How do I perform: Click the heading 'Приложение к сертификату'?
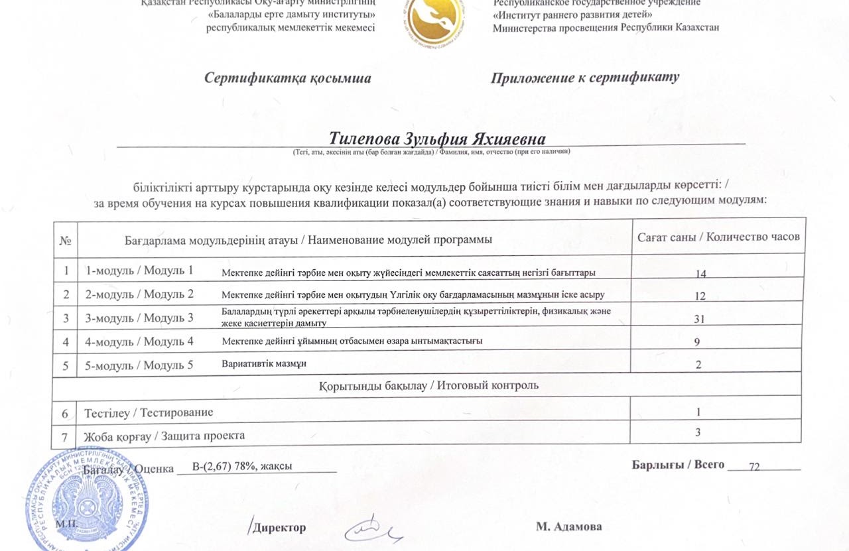pos(585,78)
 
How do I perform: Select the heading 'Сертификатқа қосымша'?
pos(288,78)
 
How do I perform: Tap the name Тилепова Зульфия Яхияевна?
pos(437,139)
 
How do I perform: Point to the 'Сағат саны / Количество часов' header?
pos(718,237)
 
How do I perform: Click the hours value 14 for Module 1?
pos(700,273)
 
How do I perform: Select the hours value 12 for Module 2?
pos(700,295)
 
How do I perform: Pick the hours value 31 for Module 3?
pos(699,319)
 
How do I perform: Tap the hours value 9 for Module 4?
pos(698,342)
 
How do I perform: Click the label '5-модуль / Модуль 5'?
pos(139,365)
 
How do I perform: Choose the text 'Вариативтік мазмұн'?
pos(264,363)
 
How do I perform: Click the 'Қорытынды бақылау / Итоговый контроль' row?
pos(428,385)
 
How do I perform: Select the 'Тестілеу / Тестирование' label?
pos(149,412)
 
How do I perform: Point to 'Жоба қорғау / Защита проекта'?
pos(164,436)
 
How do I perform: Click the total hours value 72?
pos(754,466)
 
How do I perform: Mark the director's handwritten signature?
pos(373,528)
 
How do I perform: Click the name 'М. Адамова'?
pos(569,526)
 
